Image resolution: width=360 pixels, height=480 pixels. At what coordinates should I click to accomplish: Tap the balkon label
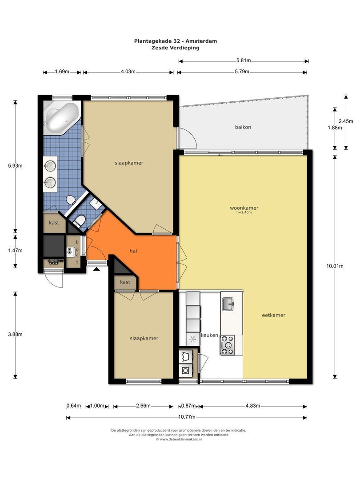point(243,127)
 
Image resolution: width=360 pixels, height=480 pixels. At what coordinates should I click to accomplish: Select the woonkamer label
point(244,208)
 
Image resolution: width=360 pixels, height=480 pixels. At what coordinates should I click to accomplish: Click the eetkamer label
point(273,315)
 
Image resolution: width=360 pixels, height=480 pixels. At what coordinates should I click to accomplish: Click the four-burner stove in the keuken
point(228,345)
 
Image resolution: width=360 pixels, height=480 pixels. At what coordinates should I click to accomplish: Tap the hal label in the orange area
point(133,251)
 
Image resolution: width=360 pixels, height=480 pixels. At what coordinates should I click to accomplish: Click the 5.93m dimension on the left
point(16,166)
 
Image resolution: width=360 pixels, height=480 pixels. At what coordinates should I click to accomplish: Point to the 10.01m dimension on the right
point(335,266)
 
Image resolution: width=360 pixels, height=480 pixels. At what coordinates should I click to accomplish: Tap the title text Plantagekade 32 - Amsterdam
point(176,41)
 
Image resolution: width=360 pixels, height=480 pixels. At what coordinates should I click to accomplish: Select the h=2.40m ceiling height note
point(244,212)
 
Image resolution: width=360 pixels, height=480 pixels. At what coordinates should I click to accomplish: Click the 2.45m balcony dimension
point(345,121)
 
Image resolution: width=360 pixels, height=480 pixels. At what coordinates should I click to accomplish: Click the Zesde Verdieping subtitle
point(176,48)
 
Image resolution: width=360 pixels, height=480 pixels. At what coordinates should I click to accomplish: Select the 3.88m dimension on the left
point(16,334)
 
